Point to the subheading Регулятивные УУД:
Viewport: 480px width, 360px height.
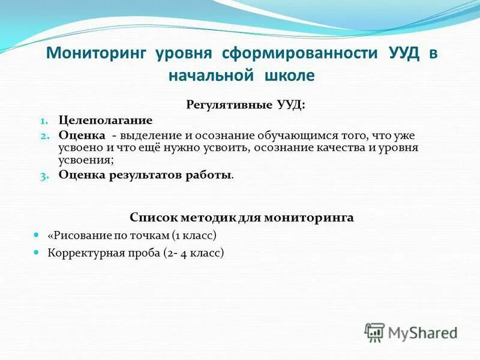[245, 105]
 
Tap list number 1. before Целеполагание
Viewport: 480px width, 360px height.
[50, 121]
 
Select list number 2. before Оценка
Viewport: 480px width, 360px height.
[49, 136]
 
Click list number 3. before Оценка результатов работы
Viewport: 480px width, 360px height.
[49, 176]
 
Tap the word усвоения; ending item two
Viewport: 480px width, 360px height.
[86, 160]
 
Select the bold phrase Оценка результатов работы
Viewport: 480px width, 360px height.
[145, 175]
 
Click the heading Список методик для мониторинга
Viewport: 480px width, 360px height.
[241, 217]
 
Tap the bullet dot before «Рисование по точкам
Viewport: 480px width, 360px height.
[37, 235]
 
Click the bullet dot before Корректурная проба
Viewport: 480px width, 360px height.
[37, 252]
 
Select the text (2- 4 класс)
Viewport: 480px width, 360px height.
[193, 253]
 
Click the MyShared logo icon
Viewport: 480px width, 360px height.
[375, 332]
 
